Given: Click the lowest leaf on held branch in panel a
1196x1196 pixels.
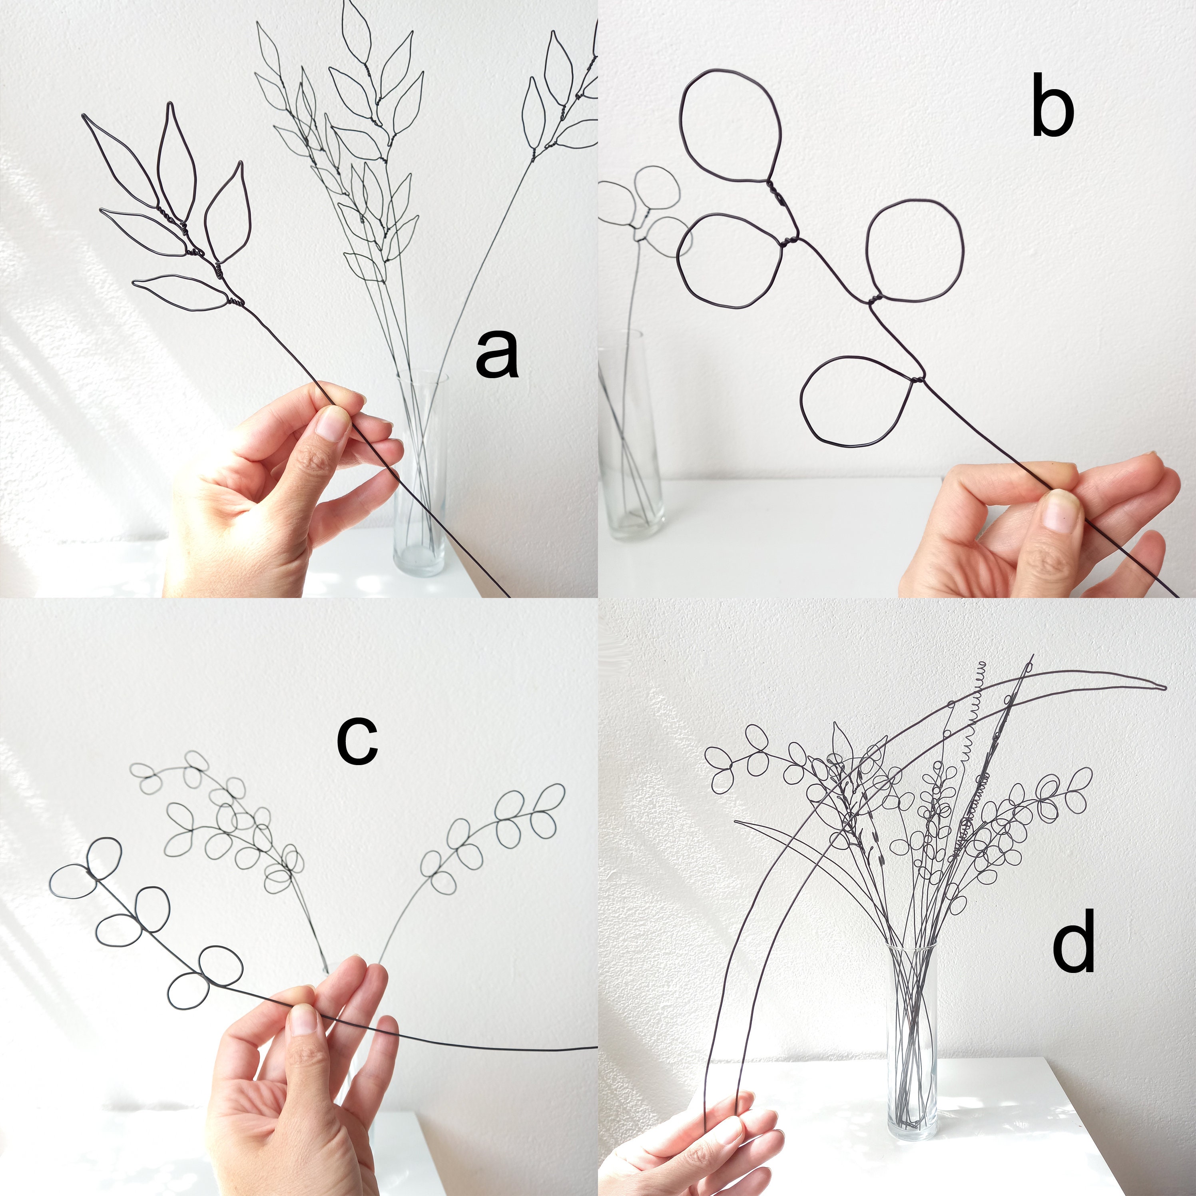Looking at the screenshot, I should pos(179,292).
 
